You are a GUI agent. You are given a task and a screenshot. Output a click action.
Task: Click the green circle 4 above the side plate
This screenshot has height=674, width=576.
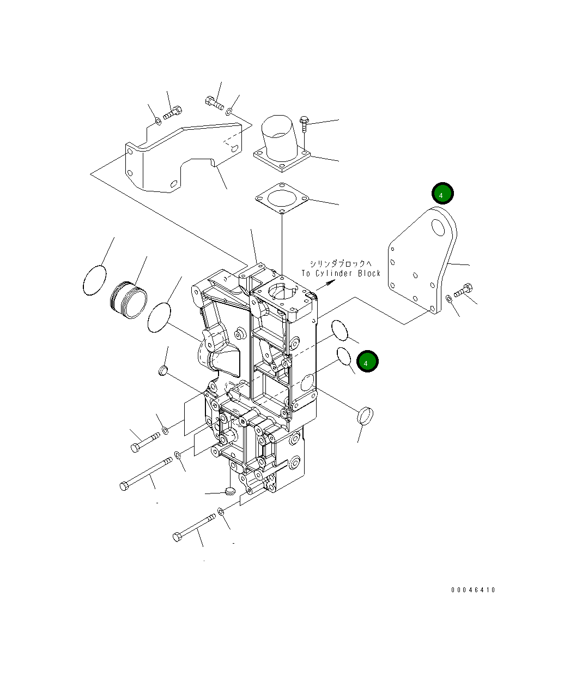[x=442, y=194]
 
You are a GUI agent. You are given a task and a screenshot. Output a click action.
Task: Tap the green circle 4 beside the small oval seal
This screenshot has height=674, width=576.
[x=367, y=362]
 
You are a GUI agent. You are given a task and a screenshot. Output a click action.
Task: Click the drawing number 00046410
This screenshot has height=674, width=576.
[x=472, y=589]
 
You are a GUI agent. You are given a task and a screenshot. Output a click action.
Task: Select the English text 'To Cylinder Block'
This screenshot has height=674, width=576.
[x=341, y=273]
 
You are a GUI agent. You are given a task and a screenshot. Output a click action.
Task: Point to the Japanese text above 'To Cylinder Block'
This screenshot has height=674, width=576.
[x=341, y=263]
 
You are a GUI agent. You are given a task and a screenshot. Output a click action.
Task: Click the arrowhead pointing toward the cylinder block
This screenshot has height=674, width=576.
[x=331, y=282]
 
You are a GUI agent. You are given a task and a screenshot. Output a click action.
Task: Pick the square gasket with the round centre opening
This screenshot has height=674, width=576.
[x=282, y=198]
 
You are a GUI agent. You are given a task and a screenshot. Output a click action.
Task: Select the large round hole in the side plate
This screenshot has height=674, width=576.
[x=438, y=227]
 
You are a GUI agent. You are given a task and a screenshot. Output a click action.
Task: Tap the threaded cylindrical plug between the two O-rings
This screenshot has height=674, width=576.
[x=129, y=300]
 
